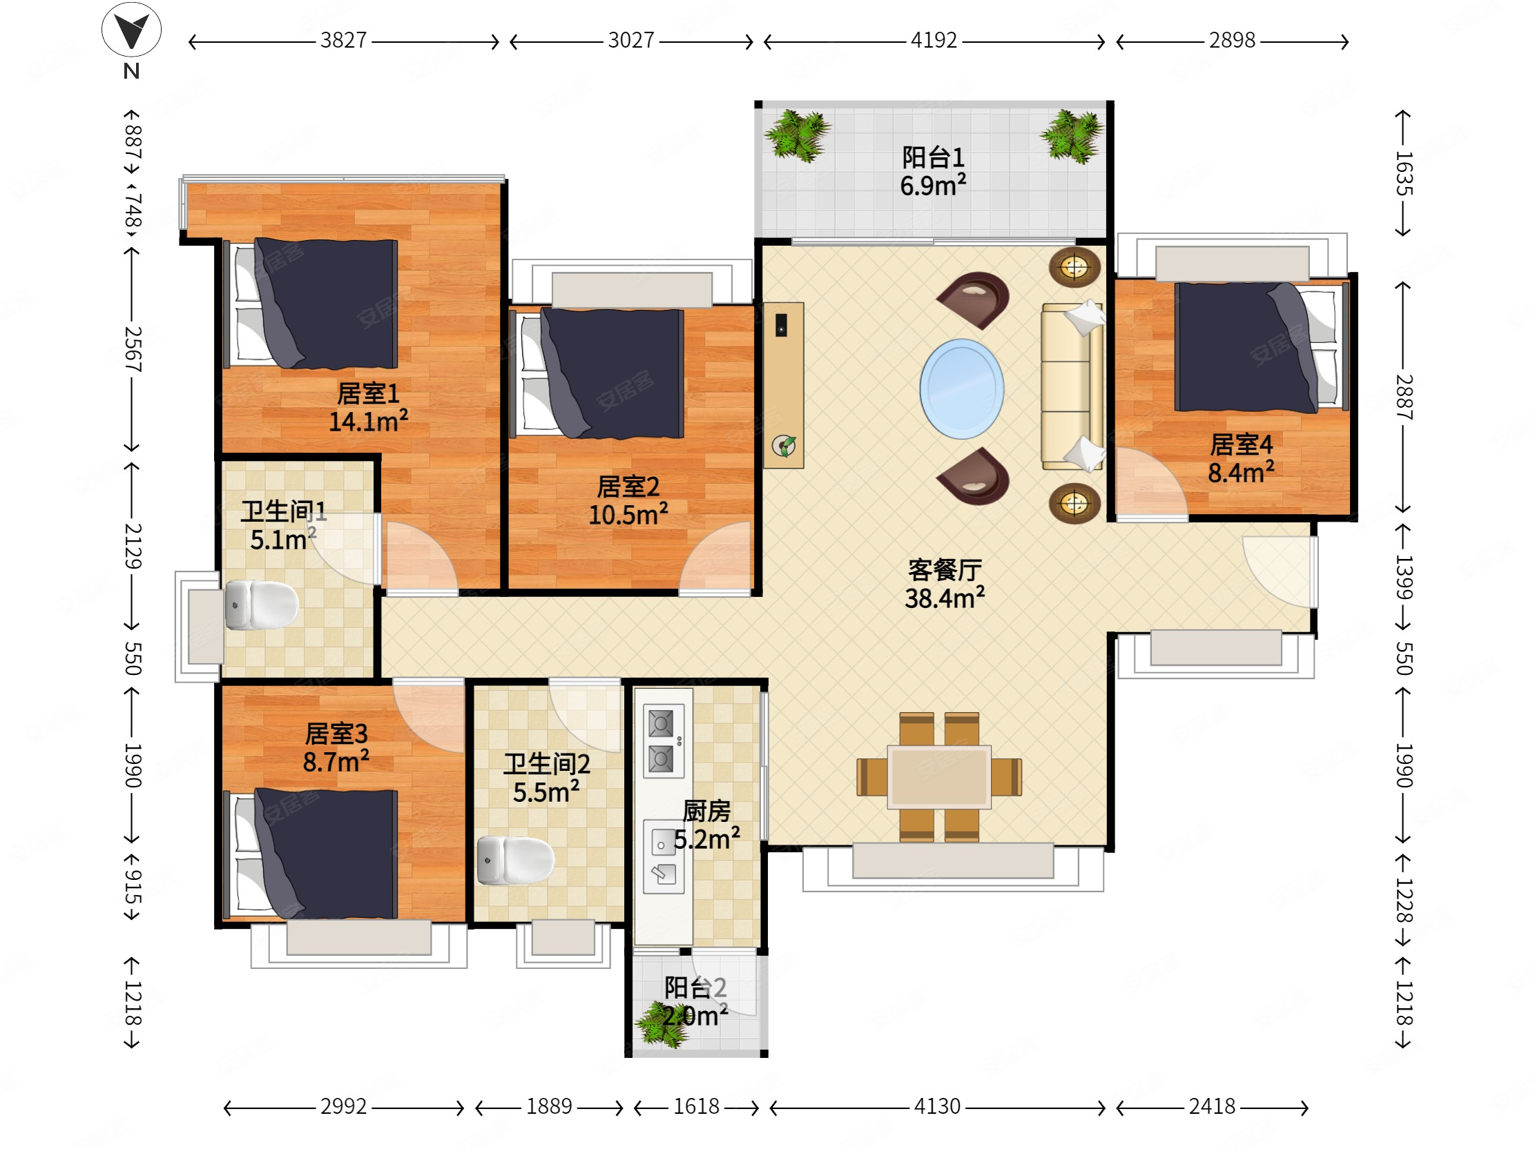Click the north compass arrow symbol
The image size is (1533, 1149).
coord(131,30)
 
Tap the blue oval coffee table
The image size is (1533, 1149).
coord(961,389)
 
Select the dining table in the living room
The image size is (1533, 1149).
coord(939,776)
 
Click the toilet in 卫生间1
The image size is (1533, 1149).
coord(261,605)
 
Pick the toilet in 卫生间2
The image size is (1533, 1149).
coord(516,860)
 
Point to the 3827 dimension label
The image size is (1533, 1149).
coord(343,40)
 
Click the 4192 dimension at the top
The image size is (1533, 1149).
coord(934,40)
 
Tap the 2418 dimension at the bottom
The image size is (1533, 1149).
coord(1212,1106)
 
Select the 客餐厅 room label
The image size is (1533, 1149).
coord(945,570)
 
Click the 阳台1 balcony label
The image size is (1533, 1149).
coord(933,157)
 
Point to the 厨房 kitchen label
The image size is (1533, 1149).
coord(706,811)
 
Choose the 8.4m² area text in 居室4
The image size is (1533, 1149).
coord(1240,472)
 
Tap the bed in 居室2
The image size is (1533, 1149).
coord(597,373)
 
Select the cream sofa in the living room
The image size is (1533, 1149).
coord(1072,386)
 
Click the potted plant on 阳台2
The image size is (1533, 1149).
coord(662,1023)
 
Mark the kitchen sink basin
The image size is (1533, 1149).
coord(663,843)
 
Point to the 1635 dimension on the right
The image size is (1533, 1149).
coord(1403,173)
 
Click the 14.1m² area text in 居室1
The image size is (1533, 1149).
coord(368,420)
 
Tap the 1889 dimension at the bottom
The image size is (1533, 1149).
coord(549,1106)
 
